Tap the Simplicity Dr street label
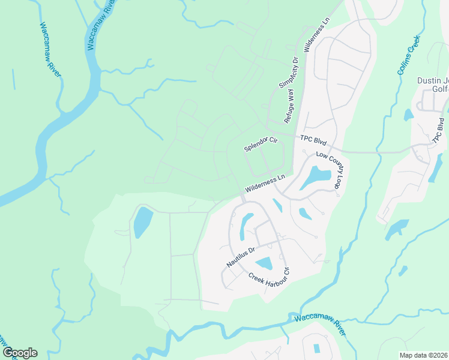click(x=289, y=73)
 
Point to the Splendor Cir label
click(x=261, y=144)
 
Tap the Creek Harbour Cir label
click(x=269, y=275)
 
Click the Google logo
click(x=19, y=353)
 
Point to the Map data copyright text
click(x=424, y=355)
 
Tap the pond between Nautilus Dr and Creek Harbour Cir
click(x=264, y=263)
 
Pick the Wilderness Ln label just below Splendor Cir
click(x=265, y=184)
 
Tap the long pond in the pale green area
click(x=142, y=222)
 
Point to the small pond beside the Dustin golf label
click(x=409, y=114)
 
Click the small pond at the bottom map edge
click(x=316, y=348)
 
